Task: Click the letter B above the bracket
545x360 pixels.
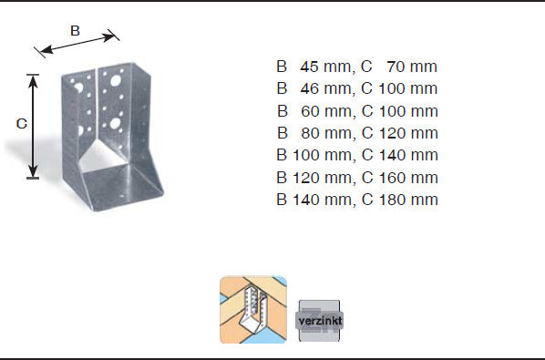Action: [75, 31]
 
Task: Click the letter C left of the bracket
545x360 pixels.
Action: [22, 124]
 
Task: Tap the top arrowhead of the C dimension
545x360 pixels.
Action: [33, 81]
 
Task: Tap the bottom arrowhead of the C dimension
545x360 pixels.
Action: [33, 171]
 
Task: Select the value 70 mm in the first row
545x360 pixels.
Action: [412, 67]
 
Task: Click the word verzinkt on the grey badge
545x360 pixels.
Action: [320, 321]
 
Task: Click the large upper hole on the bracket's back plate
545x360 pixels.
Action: [116, 81]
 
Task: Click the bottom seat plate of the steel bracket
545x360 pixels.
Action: [121, 187]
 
